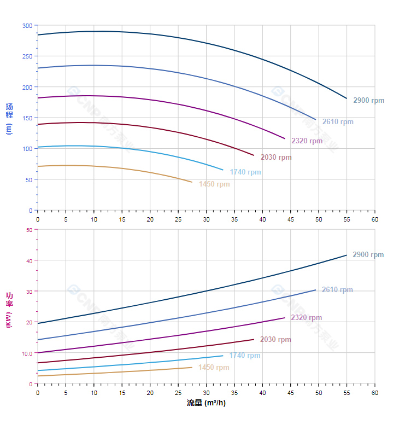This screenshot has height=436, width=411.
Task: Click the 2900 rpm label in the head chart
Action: pyautogui.click(x=368, y=101)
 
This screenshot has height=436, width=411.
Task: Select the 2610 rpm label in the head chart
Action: pyautogui.click(x=337, y=122)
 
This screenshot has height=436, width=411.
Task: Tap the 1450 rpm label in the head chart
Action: pyautogui.click(x=214, y=184)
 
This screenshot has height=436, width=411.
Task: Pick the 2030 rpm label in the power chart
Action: pyautogui.click(x=275, y=340)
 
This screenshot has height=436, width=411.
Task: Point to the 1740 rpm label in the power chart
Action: pyautogui.click(x=245, y=356)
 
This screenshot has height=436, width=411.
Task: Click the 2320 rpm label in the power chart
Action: pyautogui.click(x=307, y=318)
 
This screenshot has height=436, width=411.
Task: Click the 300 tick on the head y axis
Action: pyautogui.click(x=27, y=26)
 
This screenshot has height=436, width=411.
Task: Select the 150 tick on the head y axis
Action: pyautogui.click(x=27, y=118)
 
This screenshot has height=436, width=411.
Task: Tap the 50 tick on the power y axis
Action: pyautogui.click(x=29, y=230)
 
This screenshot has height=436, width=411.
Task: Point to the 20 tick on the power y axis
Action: pyautogui.click(x=29, y=322)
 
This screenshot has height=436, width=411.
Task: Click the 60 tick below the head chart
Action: pyautogui.click(x=374, y=219)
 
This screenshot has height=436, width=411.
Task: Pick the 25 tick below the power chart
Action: pyautogui.click(x=178, y=393)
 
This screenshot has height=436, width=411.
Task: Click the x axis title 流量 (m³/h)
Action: pyautogui.click(x=206, y=403)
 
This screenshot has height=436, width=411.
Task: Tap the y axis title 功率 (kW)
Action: pyautogui.click(x=9, y=309)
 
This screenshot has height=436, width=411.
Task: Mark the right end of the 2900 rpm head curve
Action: pyautogui.click(x=347, y=98)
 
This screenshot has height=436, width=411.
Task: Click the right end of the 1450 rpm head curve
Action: pyautogui.click(x=192, y=182)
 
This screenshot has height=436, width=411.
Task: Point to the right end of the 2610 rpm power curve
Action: pyautogui.click(x=315, y=290)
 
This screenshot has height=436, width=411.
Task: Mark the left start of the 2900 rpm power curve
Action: pyautogui.click(x=38, y=323)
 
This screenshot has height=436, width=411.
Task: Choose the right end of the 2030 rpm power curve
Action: pyautogui.click(x=254, y=339)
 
